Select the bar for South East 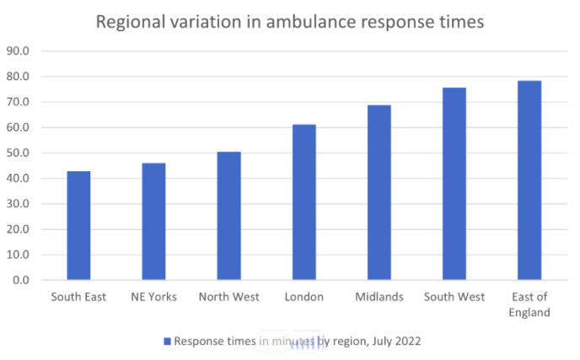pos(78,225)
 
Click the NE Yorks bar pos(153,221)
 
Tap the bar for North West pos(228,216)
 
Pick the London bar pos(303,202)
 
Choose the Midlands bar pos(379,192)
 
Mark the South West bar pos(454,184)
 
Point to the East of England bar pos(529,180)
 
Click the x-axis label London pos(303,297)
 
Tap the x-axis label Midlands pos(379,297)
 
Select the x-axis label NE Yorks pos(153,297)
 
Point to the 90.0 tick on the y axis pos(19,51)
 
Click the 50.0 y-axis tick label pos(19,153)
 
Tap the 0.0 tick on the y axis pos(21,280)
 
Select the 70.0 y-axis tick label pos(19,102)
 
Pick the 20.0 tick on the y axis pos(19,229)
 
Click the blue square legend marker pos(167,341)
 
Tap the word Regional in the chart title pos(128,22)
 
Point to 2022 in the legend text pos(407,341)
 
